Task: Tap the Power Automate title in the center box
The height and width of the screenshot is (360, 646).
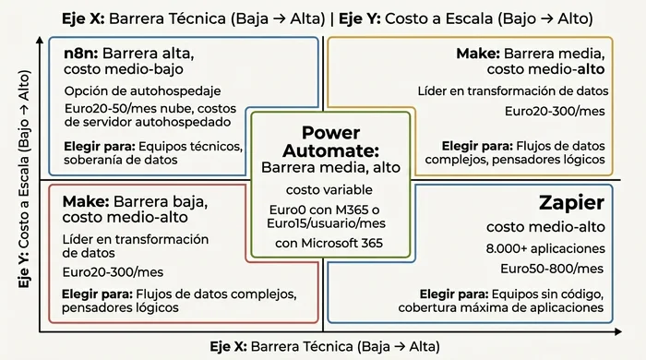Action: [x=330, y=141]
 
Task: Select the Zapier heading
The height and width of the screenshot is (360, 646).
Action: [x=570, y=203]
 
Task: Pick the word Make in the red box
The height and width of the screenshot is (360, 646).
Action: [x=81, y=200]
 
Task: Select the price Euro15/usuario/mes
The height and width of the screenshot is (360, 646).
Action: [x=329, y=224]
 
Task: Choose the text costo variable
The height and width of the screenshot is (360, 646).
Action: [x=330, y=189]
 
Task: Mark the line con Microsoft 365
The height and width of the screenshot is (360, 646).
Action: [x=329, y=243]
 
